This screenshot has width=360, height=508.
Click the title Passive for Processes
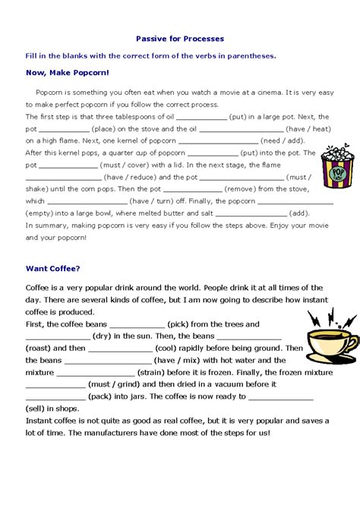pyautogui.click(x=179, y=38)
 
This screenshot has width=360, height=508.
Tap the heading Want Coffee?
pyautogui.click(x=52, y=267)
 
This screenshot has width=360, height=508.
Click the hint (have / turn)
pyautogui.click(x=150, y=201)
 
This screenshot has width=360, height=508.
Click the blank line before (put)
pyautogui.click(x=201, y=118)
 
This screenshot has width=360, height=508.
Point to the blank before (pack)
pyautogui.click(x=55, y=397)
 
